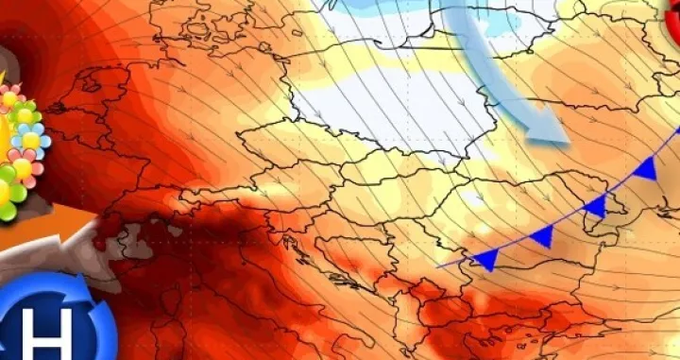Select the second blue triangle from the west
tap(543, 236)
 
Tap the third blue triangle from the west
tap(595, 206)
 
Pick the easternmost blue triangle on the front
tap(647, 170)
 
